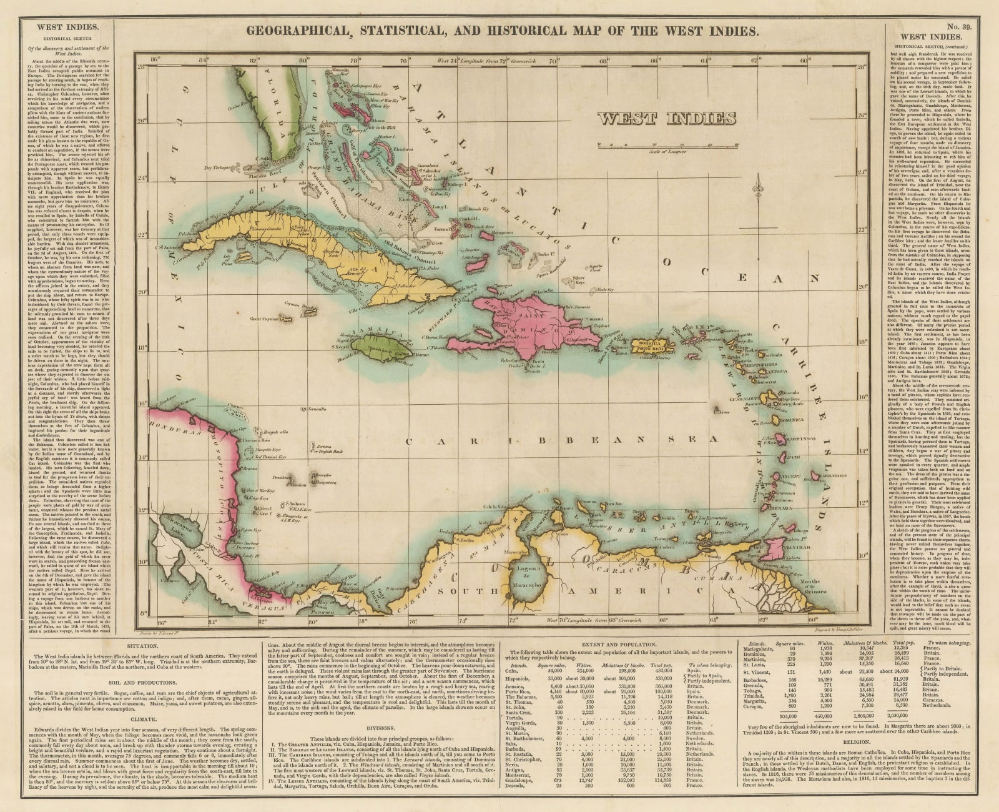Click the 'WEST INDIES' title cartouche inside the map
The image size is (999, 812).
pyautogui.click(x=666, y=118)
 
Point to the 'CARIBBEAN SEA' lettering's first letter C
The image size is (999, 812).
pyautogui.click(x=410, y=442)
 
